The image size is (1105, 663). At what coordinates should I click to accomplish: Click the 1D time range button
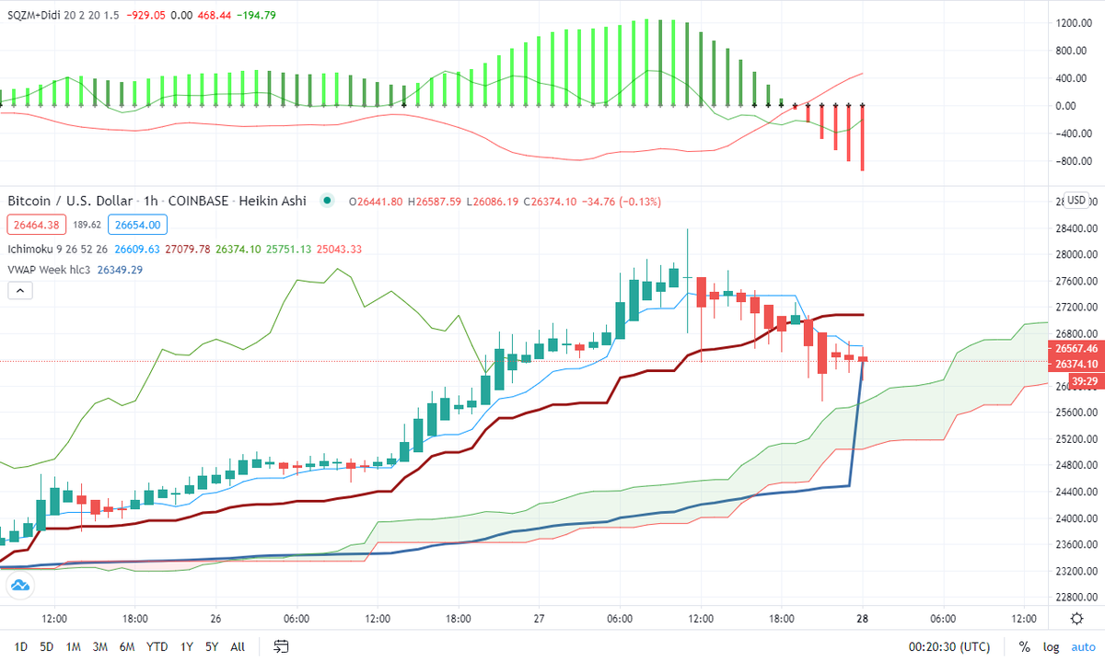tap(20, 646)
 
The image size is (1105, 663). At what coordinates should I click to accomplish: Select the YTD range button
tap(157, 646)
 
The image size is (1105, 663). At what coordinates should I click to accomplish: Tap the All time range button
tap(238, 646)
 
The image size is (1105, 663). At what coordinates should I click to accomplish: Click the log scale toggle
tap(1051, 646)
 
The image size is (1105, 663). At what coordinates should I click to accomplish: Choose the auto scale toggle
tap(1083, 646)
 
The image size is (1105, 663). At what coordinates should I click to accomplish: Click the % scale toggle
tap(1024, 646)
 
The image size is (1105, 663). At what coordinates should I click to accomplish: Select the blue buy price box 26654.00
tap(134, 225)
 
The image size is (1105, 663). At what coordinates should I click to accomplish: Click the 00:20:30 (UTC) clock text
tap(949, 646)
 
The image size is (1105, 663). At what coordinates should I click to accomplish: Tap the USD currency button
tap(1075, 201)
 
